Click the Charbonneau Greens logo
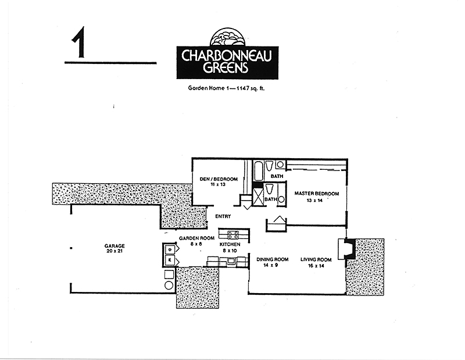(x=227, y=54)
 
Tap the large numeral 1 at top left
(x=78, y=42)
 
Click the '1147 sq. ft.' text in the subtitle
(x=250, y=88)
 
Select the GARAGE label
(x=115, y=246)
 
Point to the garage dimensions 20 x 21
(x=115, y=251)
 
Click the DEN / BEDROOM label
(x=219, y=179)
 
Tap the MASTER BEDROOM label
(x=317, y=194)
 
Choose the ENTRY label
(x=223, y=216)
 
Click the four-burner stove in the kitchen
(x=233, y=235)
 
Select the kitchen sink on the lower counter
(x=231, y=261)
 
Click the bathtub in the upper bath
(x=258, y=170)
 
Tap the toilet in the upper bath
(x=269, y=166)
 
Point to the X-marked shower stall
(x=257, y=197)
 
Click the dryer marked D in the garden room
(x=170, y=249)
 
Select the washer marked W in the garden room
(x=170, y=260)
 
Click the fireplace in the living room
(x=346, y=249)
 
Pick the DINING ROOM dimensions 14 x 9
(x=270, y=265)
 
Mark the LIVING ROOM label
(x=316, y=259)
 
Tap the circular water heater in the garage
(x=169, y=285)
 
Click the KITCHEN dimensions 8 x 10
(x=230, y=251)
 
